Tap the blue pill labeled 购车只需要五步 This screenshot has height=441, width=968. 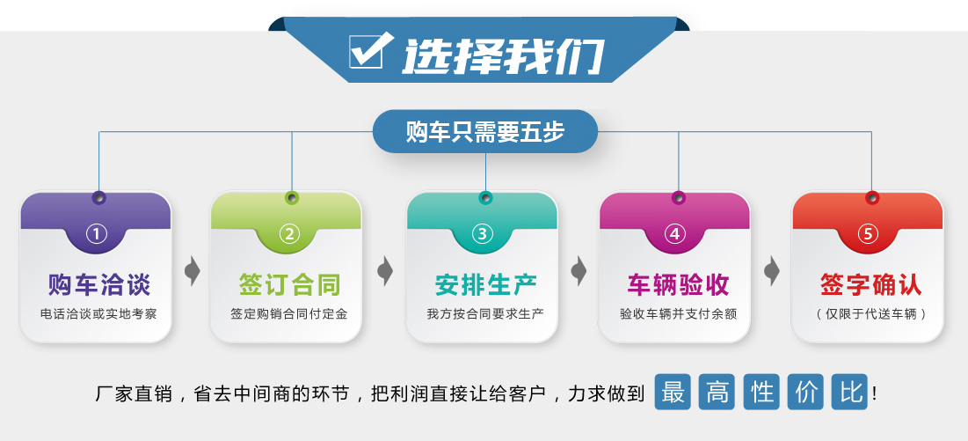(x=485, y=131)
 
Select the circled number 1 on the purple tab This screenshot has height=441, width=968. (x=97, y=234)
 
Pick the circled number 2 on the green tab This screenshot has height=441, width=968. (x=289, y=234)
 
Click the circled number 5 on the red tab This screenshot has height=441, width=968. (x=868, y=234)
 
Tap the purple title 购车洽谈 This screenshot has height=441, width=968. (x=98, y=284)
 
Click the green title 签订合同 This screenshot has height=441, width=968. (x=289, y=284)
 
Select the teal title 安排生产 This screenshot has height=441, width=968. (x=486, y=284)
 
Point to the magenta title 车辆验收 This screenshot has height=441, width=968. (x=678, y=284)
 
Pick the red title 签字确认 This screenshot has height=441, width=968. (x=871, y=284)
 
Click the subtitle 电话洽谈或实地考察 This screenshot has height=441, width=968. (x=98, y=314)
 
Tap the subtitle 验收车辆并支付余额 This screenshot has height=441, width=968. (x=679, y=314)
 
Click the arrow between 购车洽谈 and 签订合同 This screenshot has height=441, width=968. (x=193, y=271)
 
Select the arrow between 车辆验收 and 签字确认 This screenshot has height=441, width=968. (x=772, y=271)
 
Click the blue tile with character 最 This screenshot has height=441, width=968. (x=673, y=393)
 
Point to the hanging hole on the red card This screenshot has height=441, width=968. (x=871, y=198)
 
